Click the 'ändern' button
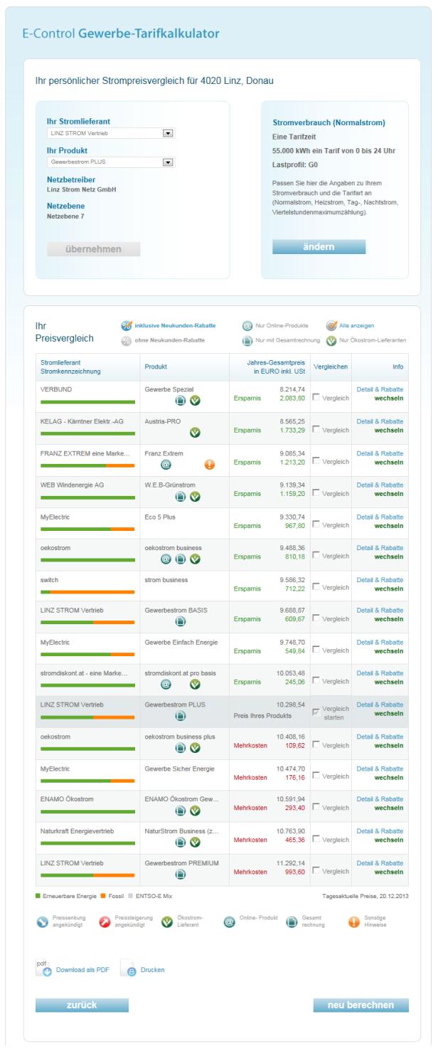[319, 246]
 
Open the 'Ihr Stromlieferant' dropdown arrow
[168, 132]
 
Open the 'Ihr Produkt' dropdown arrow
[168, 162]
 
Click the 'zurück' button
[82, 1005]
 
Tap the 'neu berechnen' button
[360, 1005]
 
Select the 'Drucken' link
[151, 969]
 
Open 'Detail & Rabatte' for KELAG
[380, 421]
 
